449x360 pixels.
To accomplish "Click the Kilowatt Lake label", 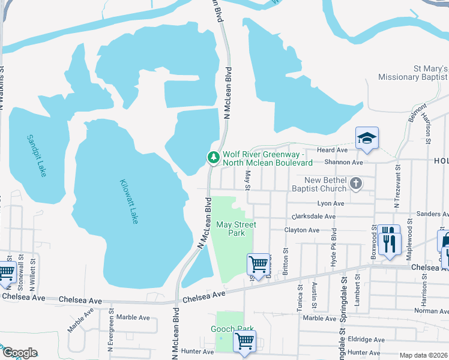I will (129, 202).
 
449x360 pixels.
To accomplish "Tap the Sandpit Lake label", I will (36, 155).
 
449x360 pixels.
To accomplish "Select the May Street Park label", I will (235, 229).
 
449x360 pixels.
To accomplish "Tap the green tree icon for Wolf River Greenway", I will (212, 158).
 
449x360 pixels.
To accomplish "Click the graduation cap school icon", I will (367, 139).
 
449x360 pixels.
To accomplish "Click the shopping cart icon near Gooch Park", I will (244, 341).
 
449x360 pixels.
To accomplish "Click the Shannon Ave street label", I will (343, 162).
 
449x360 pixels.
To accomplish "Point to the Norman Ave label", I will (431, 311).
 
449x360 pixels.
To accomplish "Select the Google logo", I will (20, 353).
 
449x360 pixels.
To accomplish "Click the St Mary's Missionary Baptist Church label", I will (414, 73).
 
